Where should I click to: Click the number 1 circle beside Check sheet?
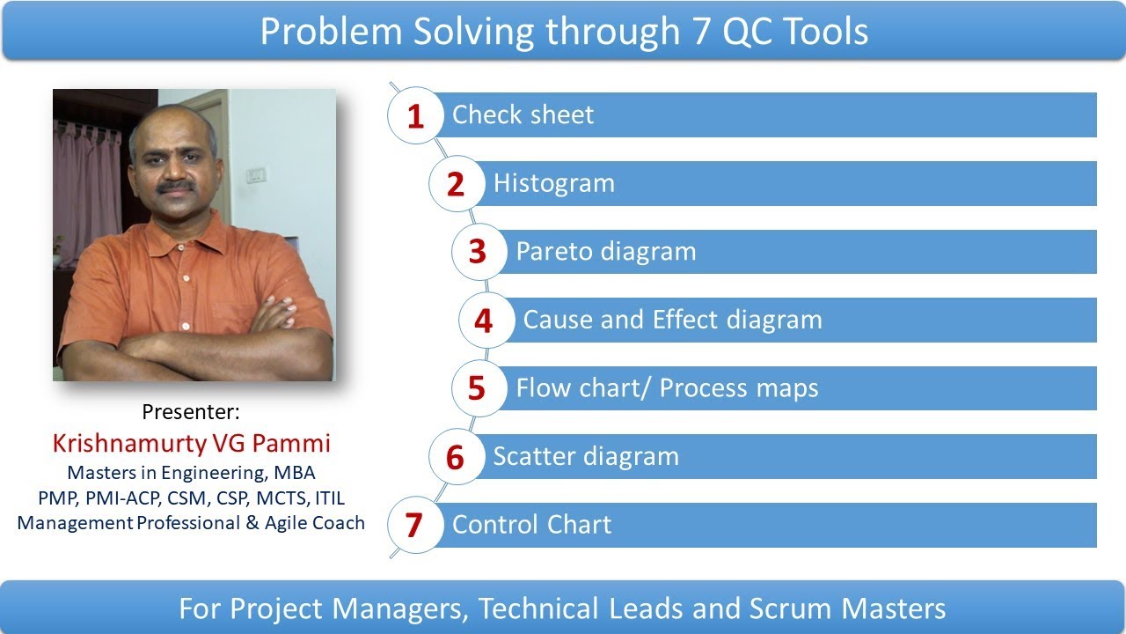point(415,116)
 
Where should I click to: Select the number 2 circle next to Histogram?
point(456,185)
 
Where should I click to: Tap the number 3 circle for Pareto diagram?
point(478,253)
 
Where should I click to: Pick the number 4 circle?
point(484,321)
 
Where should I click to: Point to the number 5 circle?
point(478,388)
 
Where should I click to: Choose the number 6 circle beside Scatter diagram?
point(456,457)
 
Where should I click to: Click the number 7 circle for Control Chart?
point(414,526)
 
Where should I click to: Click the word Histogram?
point(553,183)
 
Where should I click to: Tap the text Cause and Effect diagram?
point(672,320)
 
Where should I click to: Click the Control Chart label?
point(531,525)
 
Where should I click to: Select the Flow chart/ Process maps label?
point(667,388)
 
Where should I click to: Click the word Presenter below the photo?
point(190,412)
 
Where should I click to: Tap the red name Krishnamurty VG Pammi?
point(191,442)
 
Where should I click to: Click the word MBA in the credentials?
point(294,473)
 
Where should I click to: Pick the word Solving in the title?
point(450,32)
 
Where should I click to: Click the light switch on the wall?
point(256,175)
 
